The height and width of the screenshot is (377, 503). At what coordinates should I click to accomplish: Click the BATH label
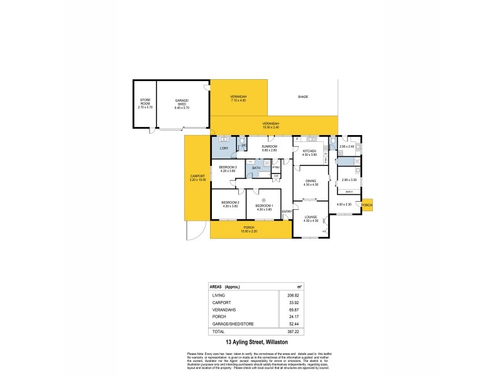click(256, 168)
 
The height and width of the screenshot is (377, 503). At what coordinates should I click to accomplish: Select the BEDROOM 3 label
click(228, 167)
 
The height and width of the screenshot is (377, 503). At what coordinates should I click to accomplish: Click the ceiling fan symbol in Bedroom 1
click(263, 200)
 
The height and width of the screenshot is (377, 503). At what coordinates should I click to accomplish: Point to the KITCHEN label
click(309, 151)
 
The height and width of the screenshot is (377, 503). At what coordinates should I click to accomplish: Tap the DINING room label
click(311, 182)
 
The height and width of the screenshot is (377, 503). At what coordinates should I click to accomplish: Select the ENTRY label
click(287, 211)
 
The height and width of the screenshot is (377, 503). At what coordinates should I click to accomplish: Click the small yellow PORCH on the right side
click(367, 205)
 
